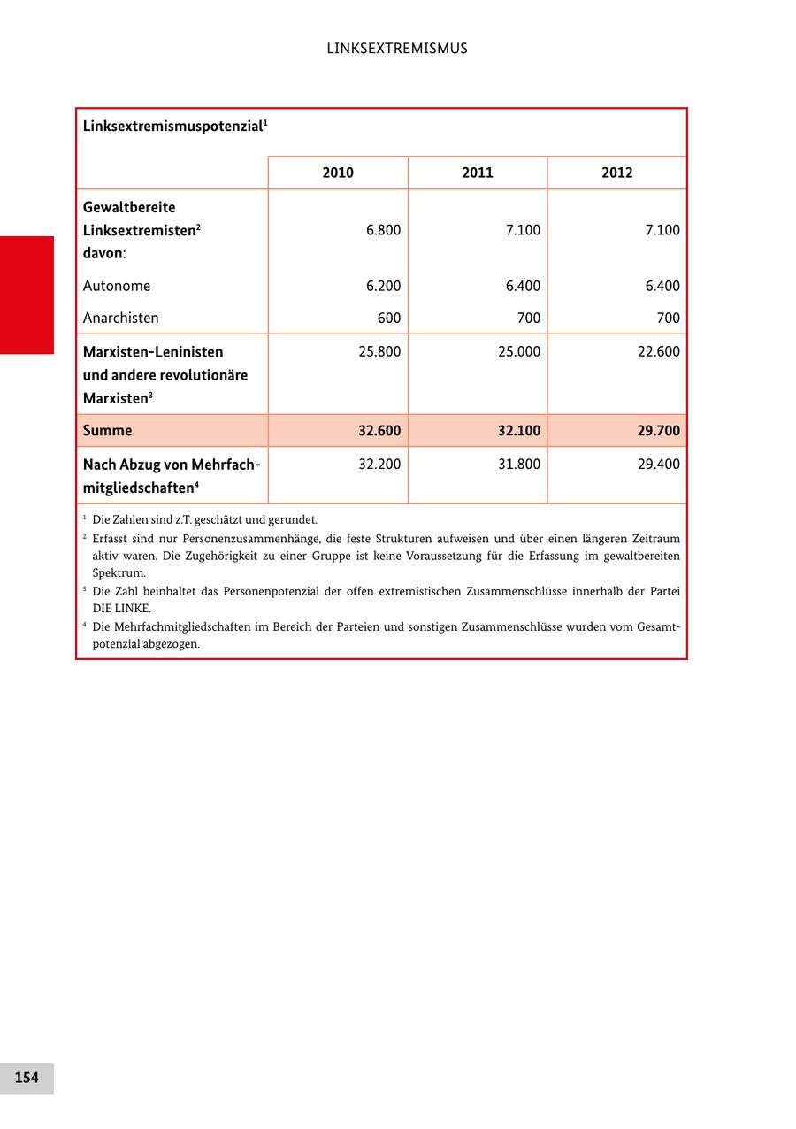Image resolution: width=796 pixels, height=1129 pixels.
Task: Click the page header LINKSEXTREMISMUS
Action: click(397, 49)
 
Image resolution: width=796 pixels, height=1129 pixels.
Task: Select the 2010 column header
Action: click(338, 173)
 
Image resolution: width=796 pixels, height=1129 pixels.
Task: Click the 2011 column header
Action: click(478, 173)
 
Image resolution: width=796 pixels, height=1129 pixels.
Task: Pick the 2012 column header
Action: click(616, 173)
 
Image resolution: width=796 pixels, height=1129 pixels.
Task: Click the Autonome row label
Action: click(117, 286)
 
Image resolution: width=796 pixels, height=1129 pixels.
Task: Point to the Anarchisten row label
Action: click(121, 318)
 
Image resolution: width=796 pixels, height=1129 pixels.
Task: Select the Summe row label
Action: click(107, 431)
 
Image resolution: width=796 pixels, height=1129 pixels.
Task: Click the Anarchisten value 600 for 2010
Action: click(388, 318)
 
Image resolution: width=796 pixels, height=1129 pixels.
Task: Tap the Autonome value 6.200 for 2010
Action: click(383, 286)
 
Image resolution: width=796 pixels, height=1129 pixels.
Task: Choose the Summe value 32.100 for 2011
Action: click(519, 431)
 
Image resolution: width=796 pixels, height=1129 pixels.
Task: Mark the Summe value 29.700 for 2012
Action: click(659, 431)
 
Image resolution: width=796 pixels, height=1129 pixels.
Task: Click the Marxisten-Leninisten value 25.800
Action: click(379, 351)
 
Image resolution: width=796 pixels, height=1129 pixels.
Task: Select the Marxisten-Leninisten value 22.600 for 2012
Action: click(659, 351)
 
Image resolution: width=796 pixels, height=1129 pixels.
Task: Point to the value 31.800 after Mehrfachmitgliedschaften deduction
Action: click(519, 464)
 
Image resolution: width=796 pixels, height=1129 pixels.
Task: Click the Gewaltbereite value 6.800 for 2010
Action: click(383, 230)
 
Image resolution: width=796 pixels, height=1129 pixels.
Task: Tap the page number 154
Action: click(27, 1078)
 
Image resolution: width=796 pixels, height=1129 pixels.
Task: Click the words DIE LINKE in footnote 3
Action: click(121, 609)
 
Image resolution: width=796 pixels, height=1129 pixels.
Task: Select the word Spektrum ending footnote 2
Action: click(119, 573)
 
